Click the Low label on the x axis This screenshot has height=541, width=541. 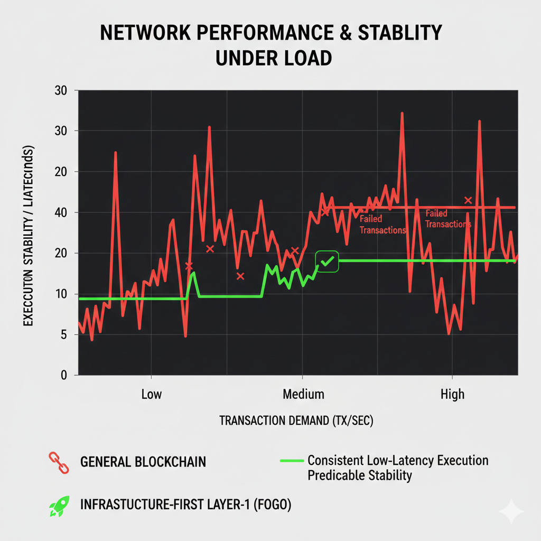152,395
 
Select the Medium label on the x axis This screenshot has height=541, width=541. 303,395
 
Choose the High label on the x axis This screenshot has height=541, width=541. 452,395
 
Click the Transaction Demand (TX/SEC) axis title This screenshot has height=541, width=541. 296,421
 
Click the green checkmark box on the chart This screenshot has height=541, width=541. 327,262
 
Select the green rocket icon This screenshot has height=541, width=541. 57,506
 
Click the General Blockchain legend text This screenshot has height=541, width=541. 143,462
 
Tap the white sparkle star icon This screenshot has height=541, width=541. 511,511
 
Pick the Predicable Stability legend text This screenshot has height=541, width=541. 359,475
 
